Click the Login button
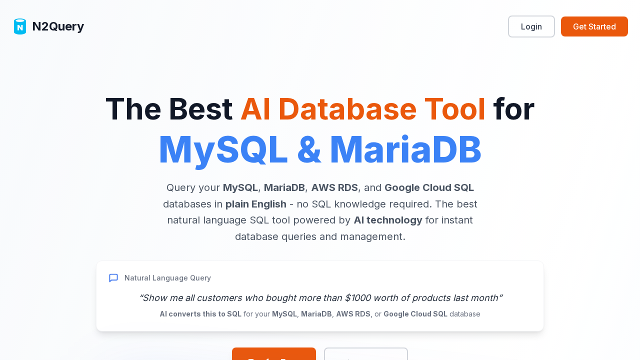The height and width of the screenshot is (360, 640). tap(531, 26)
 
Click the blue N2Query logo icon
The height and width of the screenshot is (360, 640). tap(20, 26)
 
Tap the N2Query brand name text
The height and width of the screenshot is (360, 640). tap(58, 26)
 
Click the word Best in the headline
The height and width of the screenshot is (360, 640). tap(200, 109)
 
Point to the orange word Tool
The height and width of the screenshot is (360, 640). tap(454, 109)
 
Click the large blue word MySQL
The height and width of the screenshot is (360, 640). tap(223, 150)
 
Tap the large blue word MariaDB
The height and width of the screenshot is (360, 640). tap(405, 150)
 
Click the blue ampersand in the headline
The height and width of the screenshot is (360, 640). tap(309, 150)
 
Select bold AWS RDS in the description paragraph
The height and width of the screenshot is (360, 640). tap(334, 188)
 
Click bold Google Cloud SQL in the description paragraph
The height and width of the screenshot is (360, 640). tap(429, 188)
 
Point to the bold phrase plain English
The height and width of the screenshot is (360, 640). tap(255, 204)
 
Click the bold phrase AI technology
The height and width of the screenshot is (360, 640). tap(387, 220)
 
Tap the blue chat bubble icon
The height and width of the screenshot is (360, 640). tap(113, 278)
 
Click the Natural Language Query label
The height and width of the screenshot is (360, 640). tap(167, 278)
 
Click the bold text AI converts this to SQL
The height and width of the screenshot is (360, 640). tap(200, 314)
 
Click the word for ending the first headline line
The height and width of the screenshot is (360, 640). tap(513, 109)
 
